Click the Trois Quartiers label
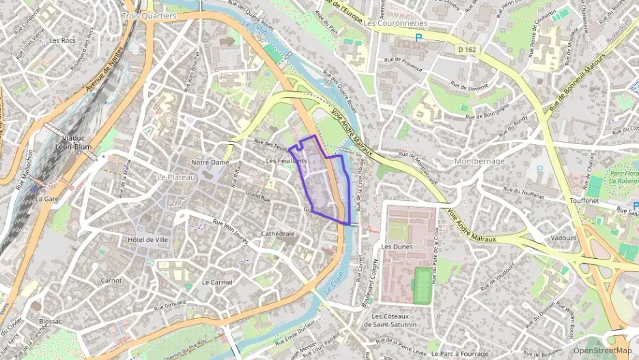(x=149, y=16)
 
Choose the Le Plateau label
(x=176, y=177)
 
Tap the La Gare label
(x=48, y=199)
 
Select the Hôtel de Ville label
(x=147, y=240)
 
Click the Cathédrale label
(x=278, y=234)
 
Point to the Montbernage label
(x=479, y=161)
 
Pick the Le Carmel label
(x=217, y=282)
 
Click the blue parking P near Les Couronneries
(x=418, y=38)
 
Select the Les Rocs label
(x=63, y=40)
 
